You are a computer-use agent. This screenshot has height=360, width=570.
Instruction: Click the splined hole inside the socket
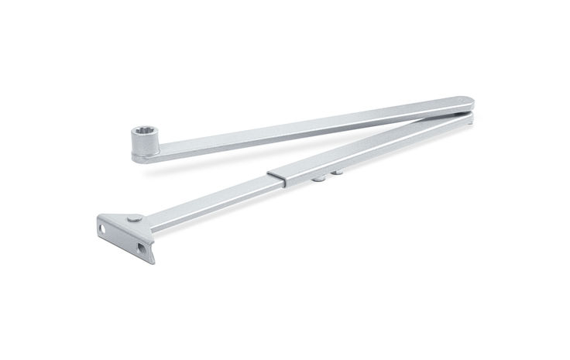[143, 135]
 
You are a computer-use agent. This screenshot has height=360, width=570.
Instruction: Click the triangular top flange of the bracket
[124, 219]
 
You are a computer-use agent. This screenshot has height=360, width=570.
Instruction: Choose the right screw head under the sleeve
[338, 173]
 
